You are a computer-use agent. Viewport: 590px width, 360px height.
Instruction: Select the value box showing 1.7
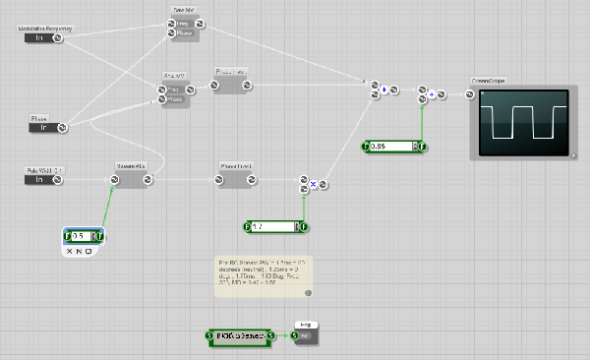click(x=273, y=227)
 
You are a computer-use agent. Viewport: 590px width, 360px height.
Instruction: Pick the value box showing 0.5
click(x=84, y=236)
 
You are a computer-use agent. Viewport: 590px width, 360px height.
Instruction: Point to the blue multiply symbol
click(x=313, y=184)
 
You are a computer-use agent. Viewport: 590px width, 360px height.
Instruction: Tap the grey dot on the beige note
click(x=308, y=293)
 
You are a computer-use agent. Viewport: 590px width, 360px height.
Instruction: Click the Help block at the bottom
click(x=305, y=334)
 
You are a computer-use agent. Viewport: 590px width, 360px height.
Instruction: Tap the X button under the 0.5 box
click(x=70, y=252)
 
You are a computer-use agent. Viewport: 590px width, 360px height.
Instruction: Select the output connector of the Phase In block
click(x=60, y=127)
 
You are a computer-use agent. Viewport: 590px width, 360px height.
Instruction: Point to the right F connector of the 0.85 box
click(x=421, y=147)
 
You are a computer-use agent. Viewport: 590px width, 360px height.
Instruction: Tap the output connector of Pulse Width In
click(x=60, y=180)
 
